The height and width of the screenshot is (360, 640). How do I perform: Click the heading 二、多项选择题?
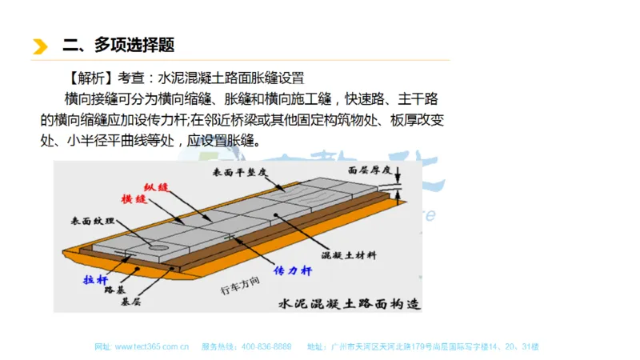pos(118,45)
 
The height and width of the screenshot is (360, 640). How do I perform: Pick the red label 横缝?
pos(134,198)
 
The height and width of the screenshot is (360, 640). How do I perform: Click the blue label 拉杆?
pos(94,279)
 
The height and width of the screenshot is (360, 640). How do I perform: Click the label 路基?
pos(114,290)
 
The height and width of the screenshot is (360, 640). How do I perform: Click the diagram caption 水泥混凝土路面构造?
pos(348,303)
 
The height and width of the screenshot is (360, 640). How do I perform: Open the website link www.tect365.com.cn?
pos(151,347)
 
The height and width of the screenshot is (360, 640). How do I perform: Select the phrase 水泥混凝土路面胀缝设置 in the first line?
pos(230,78)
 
